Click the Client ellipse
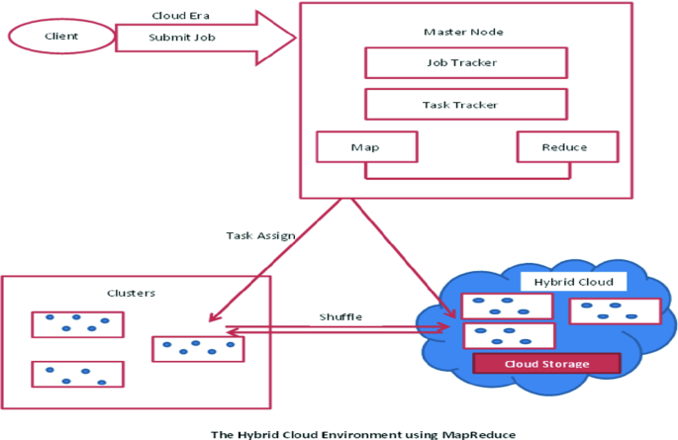[x=61, y=37]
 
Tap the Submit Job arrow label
[x=182, y=38]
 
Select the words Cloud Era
[x=181, y=16]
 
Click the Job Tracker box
[x=466, y=63]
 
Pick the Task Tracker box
[x=466, y=105]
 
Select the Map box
[x=367, y=147]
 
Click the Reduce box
[x=568, y=147]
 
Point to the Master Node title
[x=463, y=32]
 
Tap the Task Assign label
[x=260, y=235]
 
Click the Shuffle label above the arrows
[x=340, y=317]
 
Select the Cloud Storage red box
[x=547, y=364]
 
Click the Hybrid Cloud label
[x=574, y=282]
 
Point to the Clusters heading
[x=131, y=294]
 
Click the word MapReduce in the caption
[x=479, y=434]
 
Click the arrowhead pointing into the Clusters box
[x=214, y=317]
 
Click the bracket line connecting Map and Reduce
[x=468, y=177]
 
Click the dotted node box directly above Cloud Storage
[x=509, y=335]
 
